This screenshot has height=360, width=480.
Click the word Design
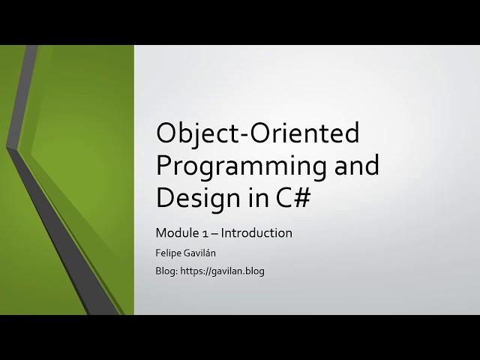pos(196,197)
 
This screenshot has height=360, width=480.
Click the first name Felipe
pos(169,253)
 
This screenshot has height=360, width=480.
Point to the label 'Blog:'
pos(166,271)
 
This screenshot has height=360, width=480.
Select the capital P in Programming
pos(163,166)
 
